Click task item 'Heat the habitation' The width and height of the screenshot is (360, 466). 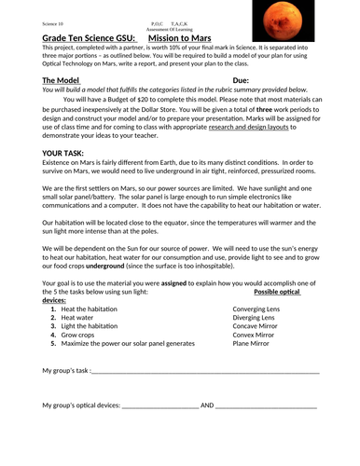[x=90, y=308]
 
